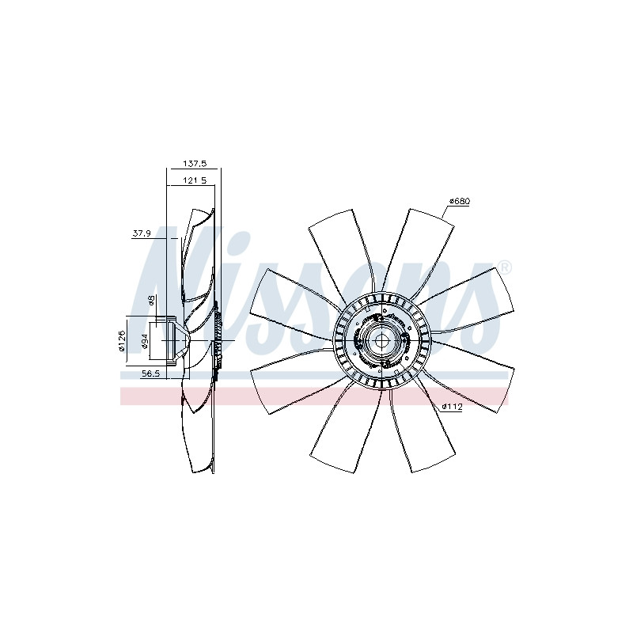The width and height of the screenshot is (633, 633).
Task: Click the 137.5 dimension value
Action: click(x=195, y=164)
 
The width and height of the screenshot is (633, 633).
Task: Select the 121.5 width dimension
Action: click(x=195, y=180)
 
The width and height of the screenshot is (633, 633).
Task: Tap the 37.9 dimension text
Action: click(x=142, y=233)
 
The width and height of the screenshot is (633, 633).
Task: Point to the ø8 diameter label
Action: click(x=151, y=301)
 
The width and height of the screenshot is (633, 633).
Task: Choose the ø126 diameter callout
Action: click(x=123, y=341)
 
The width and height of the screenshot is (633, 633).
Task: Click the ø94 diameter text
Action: click(x=146, y=341)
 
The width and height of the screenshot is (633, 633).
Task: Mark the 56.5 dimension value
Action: click(x=151, y=373)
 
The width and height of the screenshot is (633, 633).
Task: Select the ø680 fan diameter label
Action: click(x=460, y=201)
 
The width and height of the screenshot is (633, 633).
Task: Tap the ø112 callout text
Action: click(x=452, y=407)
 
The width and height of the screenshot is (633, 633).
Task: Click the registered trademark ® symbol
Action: click(x=505, y=267)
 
